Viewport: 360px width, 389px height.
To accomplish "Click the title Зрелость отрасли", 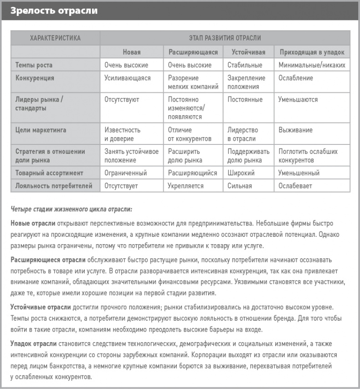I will pyautogui.click(x=54, y=10).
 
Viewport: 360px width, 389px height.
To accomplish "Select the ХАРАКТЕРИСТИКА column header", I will pyautogui.click(x=55, y=38).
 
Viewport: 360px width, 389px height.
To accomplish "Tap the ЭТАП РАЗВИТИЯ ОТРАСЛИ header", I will pyautogui.click(x=225, y=38).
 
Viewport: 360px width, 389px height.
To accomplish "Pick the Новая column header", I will pyautogui.click(x=132, y=52).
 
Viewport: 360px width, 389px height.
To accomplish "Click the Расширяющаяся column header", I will pyautogui.click(x=193, y=52).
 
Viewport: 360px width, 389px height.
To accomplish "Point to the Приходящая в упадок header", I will pyautogui.click(x=312, y=52).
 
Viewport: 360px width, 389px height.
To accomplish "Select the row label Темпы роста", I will pyautogui.click(x=35, y=65).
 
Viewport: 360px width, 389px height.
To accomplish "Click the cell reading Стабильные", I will pyautogui.click(x=245, y=65).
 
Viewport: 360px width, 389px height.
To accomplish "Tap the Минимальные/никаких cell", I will pyautogui.click(x=312, y=65).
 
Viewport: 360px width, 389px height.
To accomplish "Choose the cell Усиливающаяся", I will pyautogui.click(x=127, y=78).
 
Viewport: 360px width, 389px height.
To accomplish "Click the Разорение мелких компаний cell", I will pyautogui.click(x=193, y=82).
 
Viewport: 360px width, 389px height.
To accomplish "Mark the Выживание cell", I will pyautogui.click(x=295, y=130).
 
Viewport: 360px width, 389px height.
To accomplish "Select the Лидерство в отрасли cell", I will pyautogui.click(x=242, y=134).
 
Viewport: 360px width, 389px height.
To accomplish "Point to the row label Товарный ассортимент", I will pyautogui.click(x=49, y=173).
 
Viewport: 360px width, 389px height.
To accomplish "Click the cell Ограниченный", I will pyautogui.click(x=125, y=173).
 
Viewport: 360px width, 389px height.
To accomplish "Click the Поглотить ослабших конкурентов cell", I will pyautogui.click(x=308, y=156).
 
